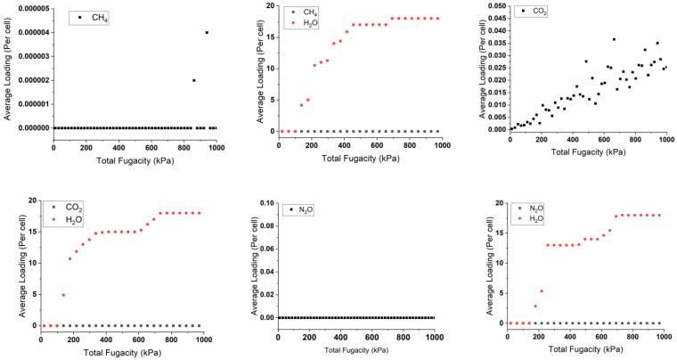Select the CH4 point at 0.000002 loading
point(194,80)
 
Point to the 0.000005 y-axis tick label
point(29,9)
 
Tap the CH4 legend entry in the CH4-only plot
point(94,17)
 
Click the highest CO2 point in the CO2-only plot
point(614,39)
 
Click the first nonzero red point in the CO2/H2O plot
point(62,295)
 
